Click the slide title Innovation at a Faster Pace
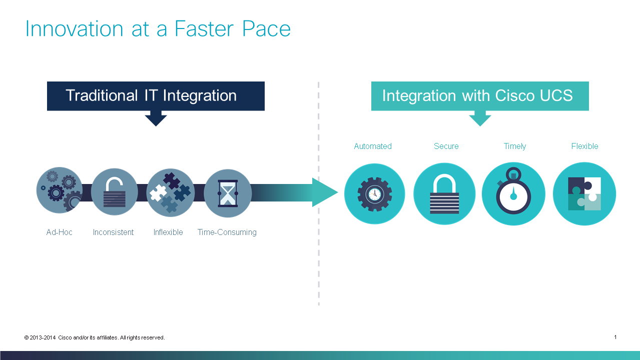pyautogui.click(x=158, y=28)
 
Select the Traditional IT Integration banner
pyautogui.click(x=155, y=95)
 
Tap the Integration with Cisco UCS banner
pyautogui.click(x=479, y=95)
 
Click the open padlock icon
pyautogui.click(x=114, y=192)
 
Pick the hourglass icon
pyautogui.click(x=228, y=193)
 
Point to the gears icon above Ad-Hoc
pyautogui.click(x=60, y=190)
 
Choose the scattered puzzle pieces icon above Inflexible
pyautogui.click(x=170, y=192)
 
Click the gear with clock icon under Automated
pyautogui.click(x=374, y=193)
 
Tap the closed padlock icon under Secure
pyautogui.click(x=444, y=193)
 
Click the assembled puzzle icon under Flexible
pyautogui.click(x=584, y=193)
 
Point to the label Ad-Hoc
pyautogui.click(x=59, y=232)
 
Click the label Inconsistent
pyautogui.click(x=113, y=232)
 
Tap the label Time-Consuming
pyautogui.click(x=227, y=232)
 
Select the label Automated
pyautogui.click(x=373, y=146)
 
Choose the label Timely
pyautogui.click(x=515, y=146)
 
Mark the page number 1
pyautogui.click(x=615, y=337)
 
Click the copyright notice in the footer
pyautogui.click(x=95, y=337)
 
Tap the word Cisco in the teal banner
pyautogui.click(x=515, y=95)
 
